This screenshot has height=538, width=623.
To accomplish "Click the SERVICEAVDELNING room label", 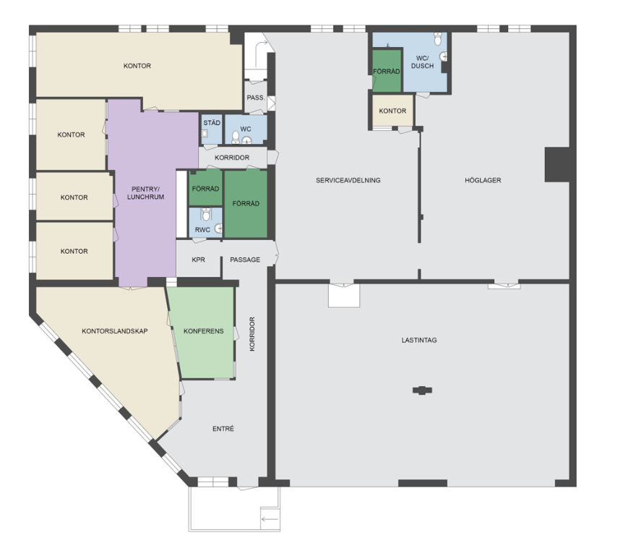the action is pos(348,180).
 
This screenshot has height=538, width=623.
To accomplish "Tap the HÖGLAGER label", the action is pos(483,180).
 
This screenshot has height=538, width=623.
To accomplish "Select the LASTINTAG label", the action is pos(419,340).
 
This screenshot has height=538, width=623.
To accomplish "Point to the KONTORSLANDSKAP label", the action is pos(115,331).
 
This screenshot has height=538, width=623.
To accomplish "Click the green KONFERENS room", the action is pos(203,332).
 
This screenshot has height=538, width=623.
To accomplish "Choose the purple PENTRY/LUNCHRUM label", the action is pos(145,193).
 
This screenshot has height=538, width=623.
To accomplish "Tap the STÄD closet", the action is pos(211,129).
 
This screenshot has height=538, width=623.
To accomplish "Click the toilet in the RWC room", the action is pos(206,215).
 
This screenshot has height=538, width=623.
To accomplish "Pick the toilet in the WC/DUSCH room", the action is pos(438,39).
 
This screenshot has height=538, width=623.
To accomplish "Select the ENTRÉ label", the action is pos(223,429).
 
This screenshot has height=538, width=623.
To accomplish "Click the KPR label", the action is pos(198,260).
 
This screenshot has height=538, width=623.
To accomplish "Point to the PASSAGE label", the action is pos(245,260).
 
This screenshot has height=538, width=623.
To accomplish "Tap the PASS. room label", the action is pos(256,98).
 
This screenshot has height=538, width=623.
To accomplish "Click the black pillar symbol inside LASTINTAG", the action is pos(422,390).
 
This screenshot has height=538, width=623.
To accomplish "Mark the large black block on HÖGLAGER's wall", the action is pos(557,165).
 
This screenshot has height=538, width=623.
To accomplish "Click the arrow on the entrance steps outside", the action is pos(270,519).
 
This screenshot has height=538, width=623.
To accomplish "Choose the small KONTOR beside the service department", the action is pos(392,111).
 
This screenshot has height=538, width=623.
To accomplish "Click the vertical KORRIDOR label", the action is pos(252,333).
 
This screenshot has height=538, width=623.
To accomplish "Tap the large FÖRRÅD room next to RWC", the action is pos(246,204).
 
